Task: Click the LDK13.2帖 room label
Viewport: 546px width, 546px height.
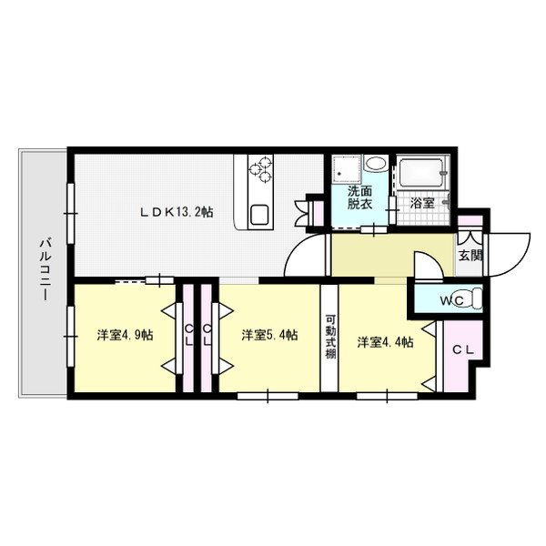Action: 177,212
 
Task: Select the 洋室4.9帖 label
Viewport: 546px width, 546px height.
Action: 125,335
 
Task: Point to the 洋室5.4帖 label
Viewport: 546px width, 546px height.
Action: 269,335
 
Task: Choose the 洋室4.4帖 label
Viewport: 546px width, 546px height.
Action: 385,342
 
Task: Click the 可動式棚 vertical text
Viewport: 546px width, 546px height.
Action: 330,335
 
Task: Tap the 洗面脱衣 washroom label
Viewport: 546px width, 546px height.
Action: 360,198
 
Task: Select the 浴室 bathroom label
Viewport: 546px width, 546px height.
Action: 421,204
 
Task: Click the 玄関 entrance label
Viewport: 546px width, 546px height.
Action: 470,256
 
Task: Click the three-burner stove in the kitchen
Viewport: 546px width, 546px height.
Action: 261,167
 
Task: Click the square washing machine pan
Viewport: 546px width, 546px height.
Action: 344,168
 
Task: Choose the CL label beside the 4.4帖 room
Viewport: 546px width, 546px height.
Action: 461,349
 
